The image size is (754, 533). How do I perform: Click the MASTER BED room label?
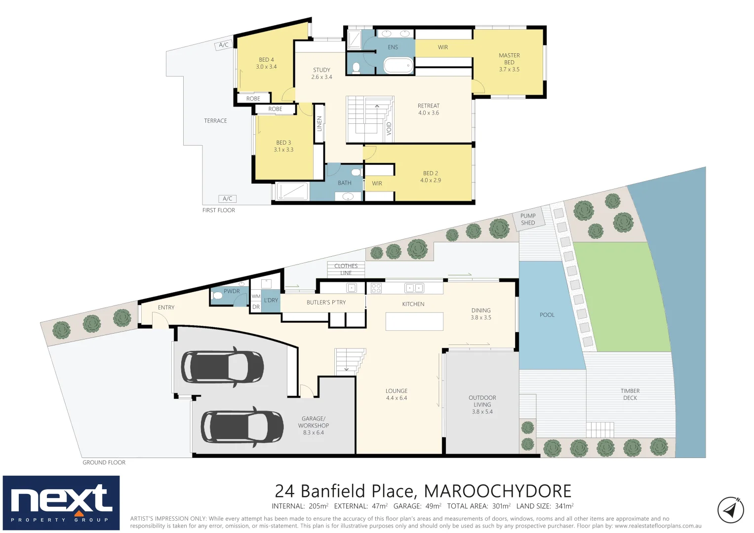point(509,63)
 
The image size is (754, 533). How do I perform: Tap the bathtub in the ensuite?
point(398,65)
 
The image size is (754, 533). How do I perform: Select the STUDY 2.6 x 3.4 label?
point(321,74)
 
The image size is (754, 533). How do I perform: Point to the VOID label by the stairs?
point(389,128)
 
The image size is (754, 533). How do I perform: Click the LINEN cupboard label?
point(319,123)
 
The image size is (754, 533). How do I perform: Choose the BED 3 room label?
point(283,146)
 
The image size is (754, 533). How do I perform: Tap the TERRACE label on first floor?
point(215,121)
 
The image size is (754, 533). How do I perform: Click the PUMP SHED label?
point(528,219)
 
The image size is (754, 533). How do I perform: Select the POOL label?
point(547,315)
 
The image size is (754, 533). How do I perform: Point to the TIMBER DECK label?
point(630,394)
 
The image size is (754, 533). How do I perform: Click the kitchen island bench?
point(414,322)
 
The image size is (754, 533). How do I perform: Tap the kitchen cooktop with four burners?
point(376,288)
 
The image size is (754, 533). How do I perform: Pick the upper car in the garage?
point(222,367)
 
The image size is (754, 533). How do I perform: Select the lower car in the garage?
point(242,427)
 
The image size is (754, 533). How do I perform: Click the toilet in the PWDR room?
point(217,296)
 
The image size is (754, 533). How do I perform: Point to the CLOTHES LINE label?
point(346,269)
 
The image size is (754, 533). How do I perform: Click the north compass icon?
point(730,510)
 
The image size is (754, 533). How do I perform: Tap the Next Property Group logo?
point(61,503)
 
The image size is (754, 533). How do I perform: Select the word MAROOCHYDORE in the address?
point(497,491)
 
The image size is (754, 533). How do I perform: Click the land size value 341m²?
point(564,506)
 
